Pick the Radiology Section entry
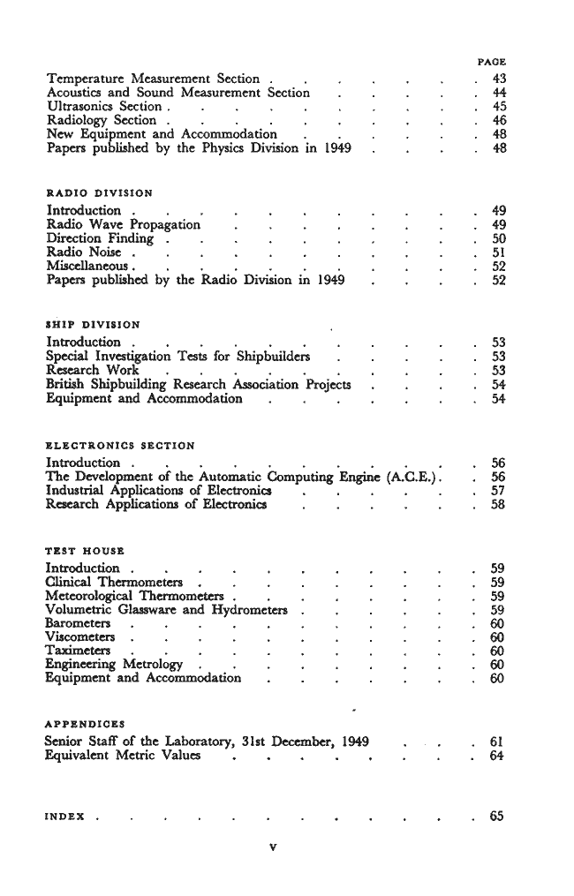101,120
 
